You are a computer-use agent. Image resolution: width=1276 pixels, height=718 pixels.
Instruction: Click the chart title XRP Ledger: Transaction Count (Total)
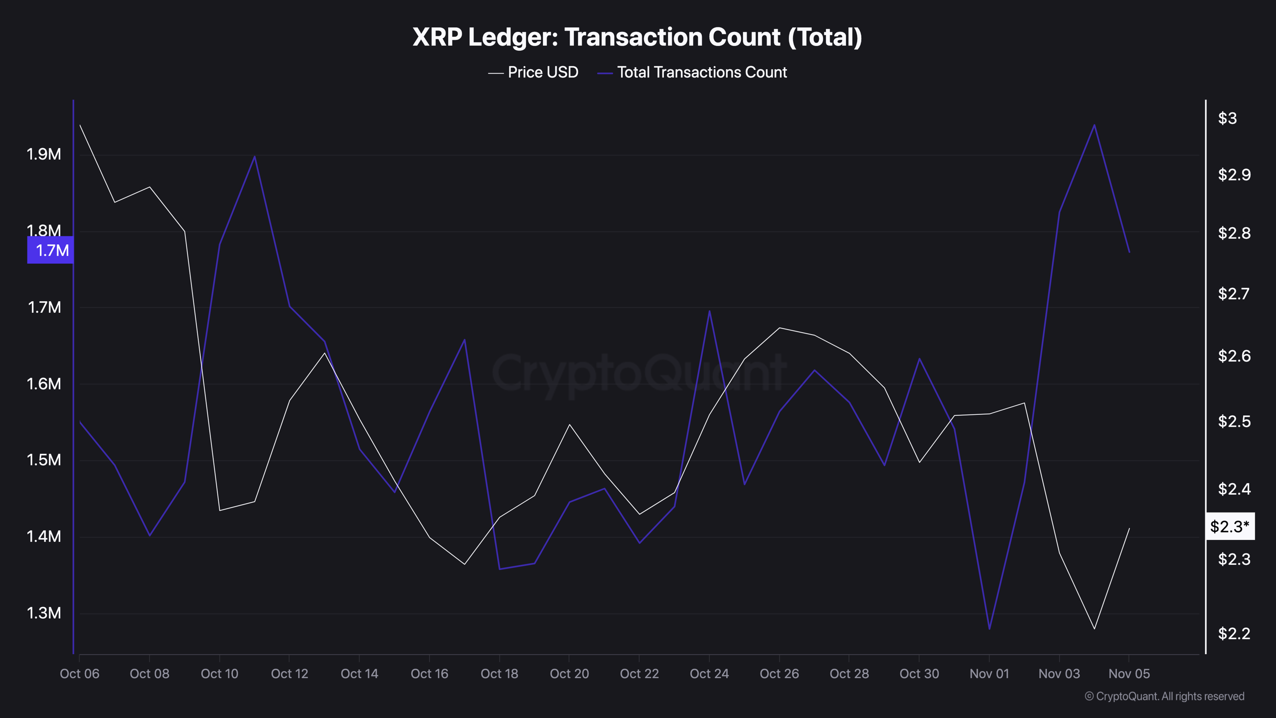click(x=637, y=37)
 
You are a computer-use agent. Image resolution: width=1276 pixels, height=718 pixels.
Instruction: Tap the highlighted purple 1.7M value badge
click(x=51, y=250)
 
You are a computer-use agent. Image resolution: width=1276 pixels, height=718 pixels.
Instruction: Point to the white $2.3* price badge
click(x=1230, y=526)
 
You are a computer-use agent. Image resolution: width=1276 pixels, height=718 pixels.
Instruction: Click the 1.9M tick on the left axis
click(x=44, y=155)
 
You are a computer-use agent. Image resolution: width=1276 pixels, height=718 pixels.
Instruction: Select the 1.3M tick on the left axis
click(x=44, y=613)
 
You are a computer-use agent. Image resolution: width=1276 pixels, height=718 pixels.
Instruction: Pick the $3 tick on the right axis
click(x=1227, y=118)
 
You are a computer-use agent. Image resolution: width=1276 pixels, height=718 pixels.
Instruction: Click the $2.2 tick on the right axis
click(x=1234, y=633)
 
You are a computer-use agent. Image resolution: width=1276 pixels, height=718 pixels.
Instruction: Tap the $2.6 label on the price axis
click(x=1234, y=356)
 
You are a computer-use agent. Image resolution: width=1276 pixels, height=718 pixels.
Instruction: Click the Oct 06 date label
click(x=80, y=674)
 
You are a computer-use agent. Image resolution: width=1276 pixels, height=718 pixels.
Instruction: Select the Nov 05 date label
click(x=1129, y=674)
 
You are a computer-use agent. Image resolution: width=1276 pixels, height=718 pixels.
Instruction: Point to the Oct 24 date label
click(x=709, y=674)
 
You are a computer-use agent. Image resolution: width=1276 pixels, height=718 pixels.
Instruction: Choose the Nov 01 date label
click(x=989, y=674)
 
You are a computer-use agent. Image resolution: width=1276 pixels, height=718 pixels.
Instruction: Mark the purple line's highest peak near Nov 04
click(x=1094, y=125)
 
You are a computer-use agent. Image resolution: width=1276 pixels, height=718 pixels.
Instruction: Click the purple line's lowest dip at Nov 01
click(x=989, y=629)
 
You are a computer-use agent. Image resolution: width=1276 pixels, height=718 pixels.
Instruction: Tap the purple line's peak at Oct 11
click(x=255, y=157)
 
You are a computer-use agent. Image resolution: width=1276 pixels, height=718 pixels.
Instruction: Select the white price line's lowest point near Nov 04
click(x=1094, y=629)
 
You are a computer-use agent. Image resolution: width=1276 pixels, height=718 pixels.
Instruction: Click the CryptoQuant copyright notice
click(x=1164, y=696)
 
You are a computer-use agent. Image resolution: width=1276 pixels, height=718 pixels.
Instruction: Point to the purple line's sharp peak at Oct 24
click(x=709, y=311)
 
